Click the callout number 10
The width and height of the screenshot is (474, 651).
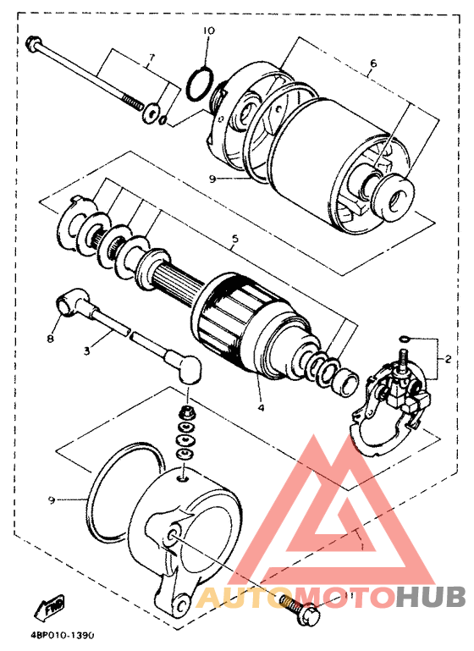209,30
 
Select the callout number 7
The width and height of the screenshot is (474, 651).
152,58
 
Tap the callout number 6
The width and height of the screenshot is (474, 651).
373,63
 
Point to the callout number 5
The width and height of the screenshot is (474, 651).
235,239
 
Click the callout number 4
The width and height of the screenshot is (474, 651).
261,408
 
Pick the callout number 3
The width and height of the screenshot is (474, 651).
86,350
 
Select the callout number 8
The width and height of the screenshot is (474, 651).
50,339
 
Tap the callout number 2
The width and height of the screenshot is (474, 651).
448,360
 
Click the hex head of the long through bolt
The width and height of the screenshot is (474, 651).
32,43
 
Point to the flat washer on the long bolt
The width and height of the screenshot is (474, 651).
151,113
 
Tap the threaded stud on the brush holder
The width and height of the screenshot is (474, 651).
403,361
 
